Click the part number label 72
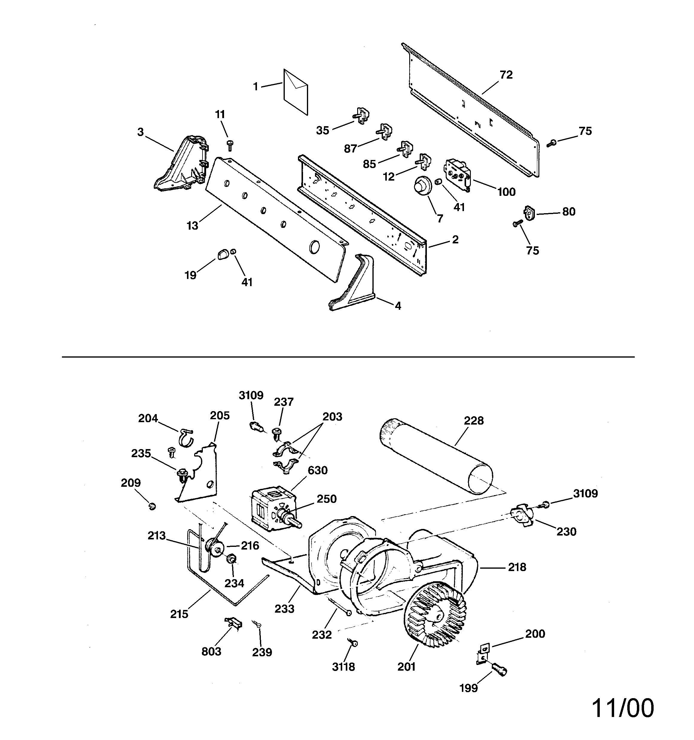[506, 75]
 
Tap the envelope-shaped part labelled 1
[296, 92]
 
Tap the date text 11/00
[623, 708]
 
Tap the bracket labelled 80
[529, 213]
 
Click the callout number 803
[211, 651]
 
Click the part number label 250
[326, 499]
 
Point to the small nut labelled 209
[152, 506]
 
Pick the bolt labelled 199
[500, 670]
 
